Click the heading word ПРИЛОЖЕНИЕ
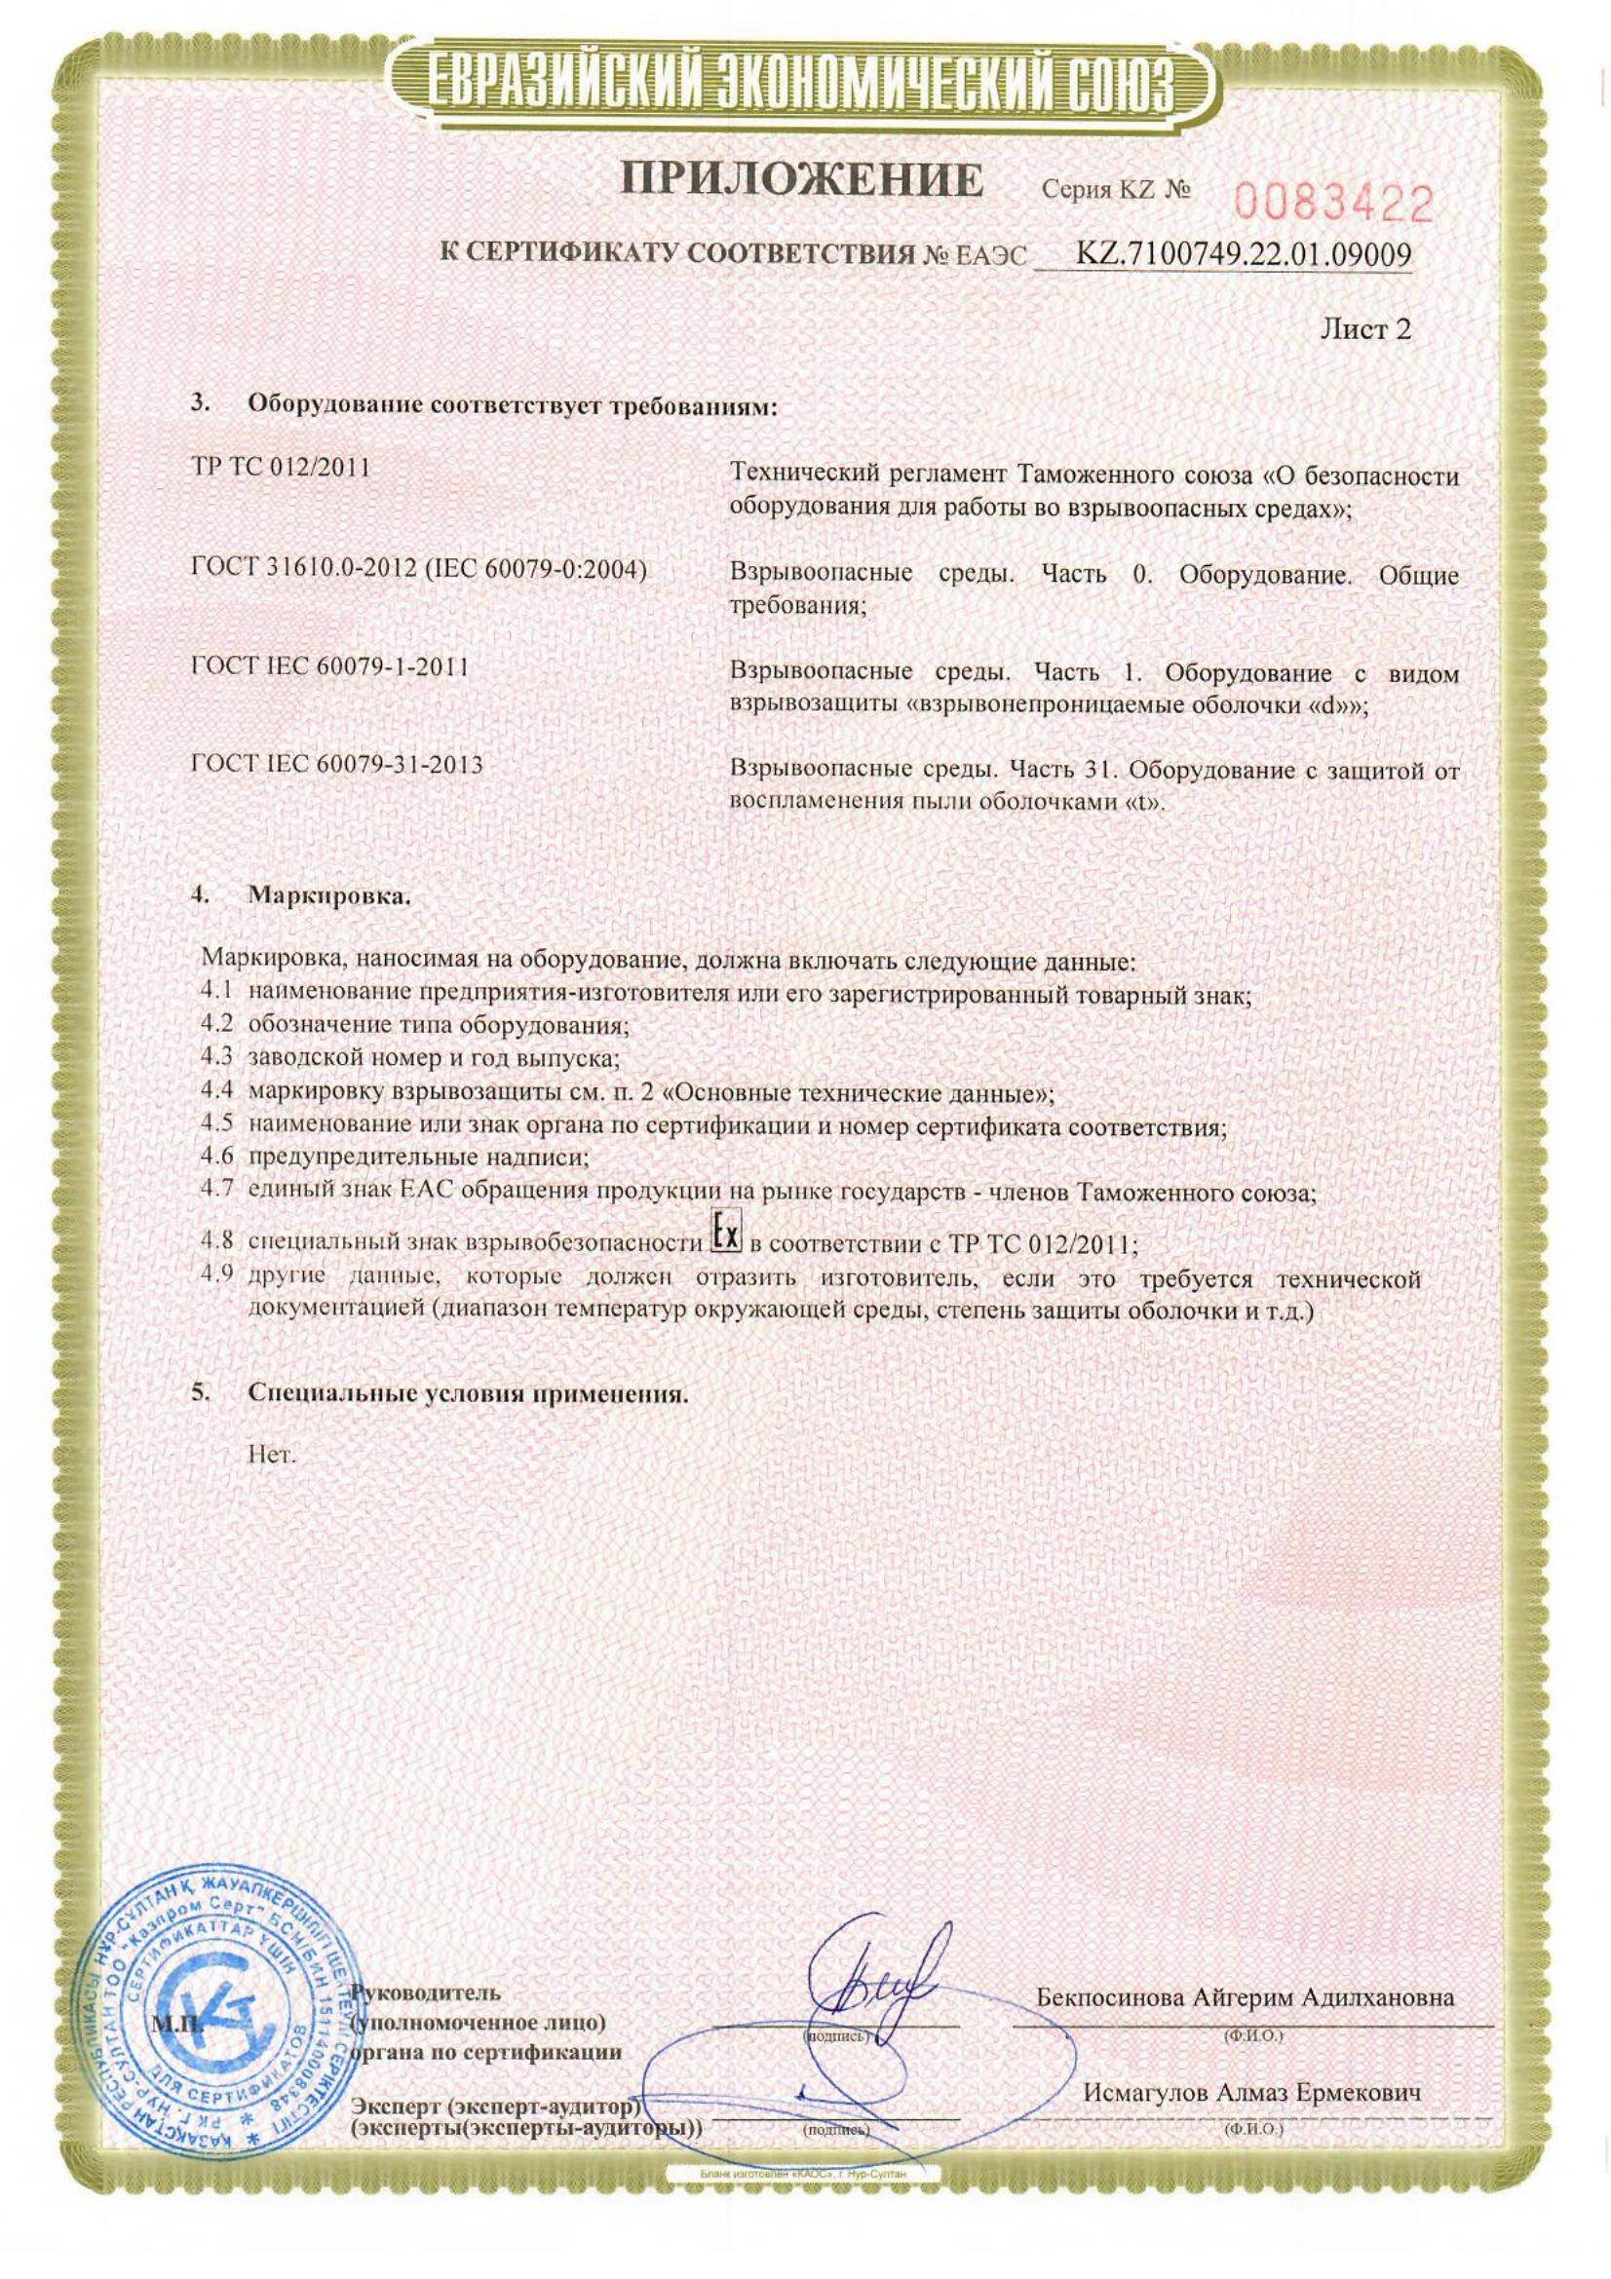(x=801, y=181)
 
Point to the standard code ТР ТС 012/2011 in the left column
(x=279, y=468)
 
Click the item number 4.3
(x=215, y=1058)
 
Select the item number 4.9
(x=215, y=1275)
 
